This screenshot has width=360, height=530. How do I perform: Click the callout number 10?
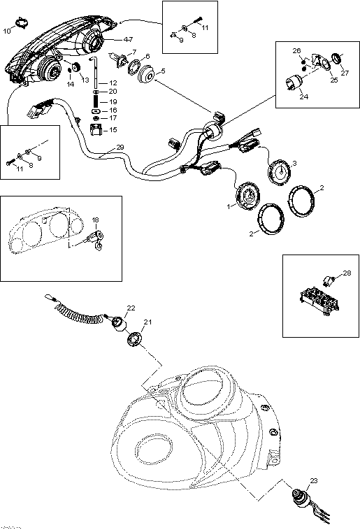(x=7, y=31)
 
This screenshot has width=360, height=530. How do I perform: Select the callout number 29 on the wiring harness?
(x=120, y=148)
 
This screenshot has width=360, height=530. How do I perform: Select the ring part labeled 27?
(x=337, y=57)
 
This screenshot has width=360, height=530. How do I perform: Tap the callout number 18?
(x=96, y=220)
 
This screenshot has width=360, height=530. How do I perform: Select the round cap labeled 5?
(x=147, y=73)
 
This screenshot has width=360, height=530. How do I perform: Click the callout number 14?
(x=69, y=84)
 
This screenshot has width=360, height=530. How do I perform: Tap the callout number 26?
(x=296, y=51)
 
